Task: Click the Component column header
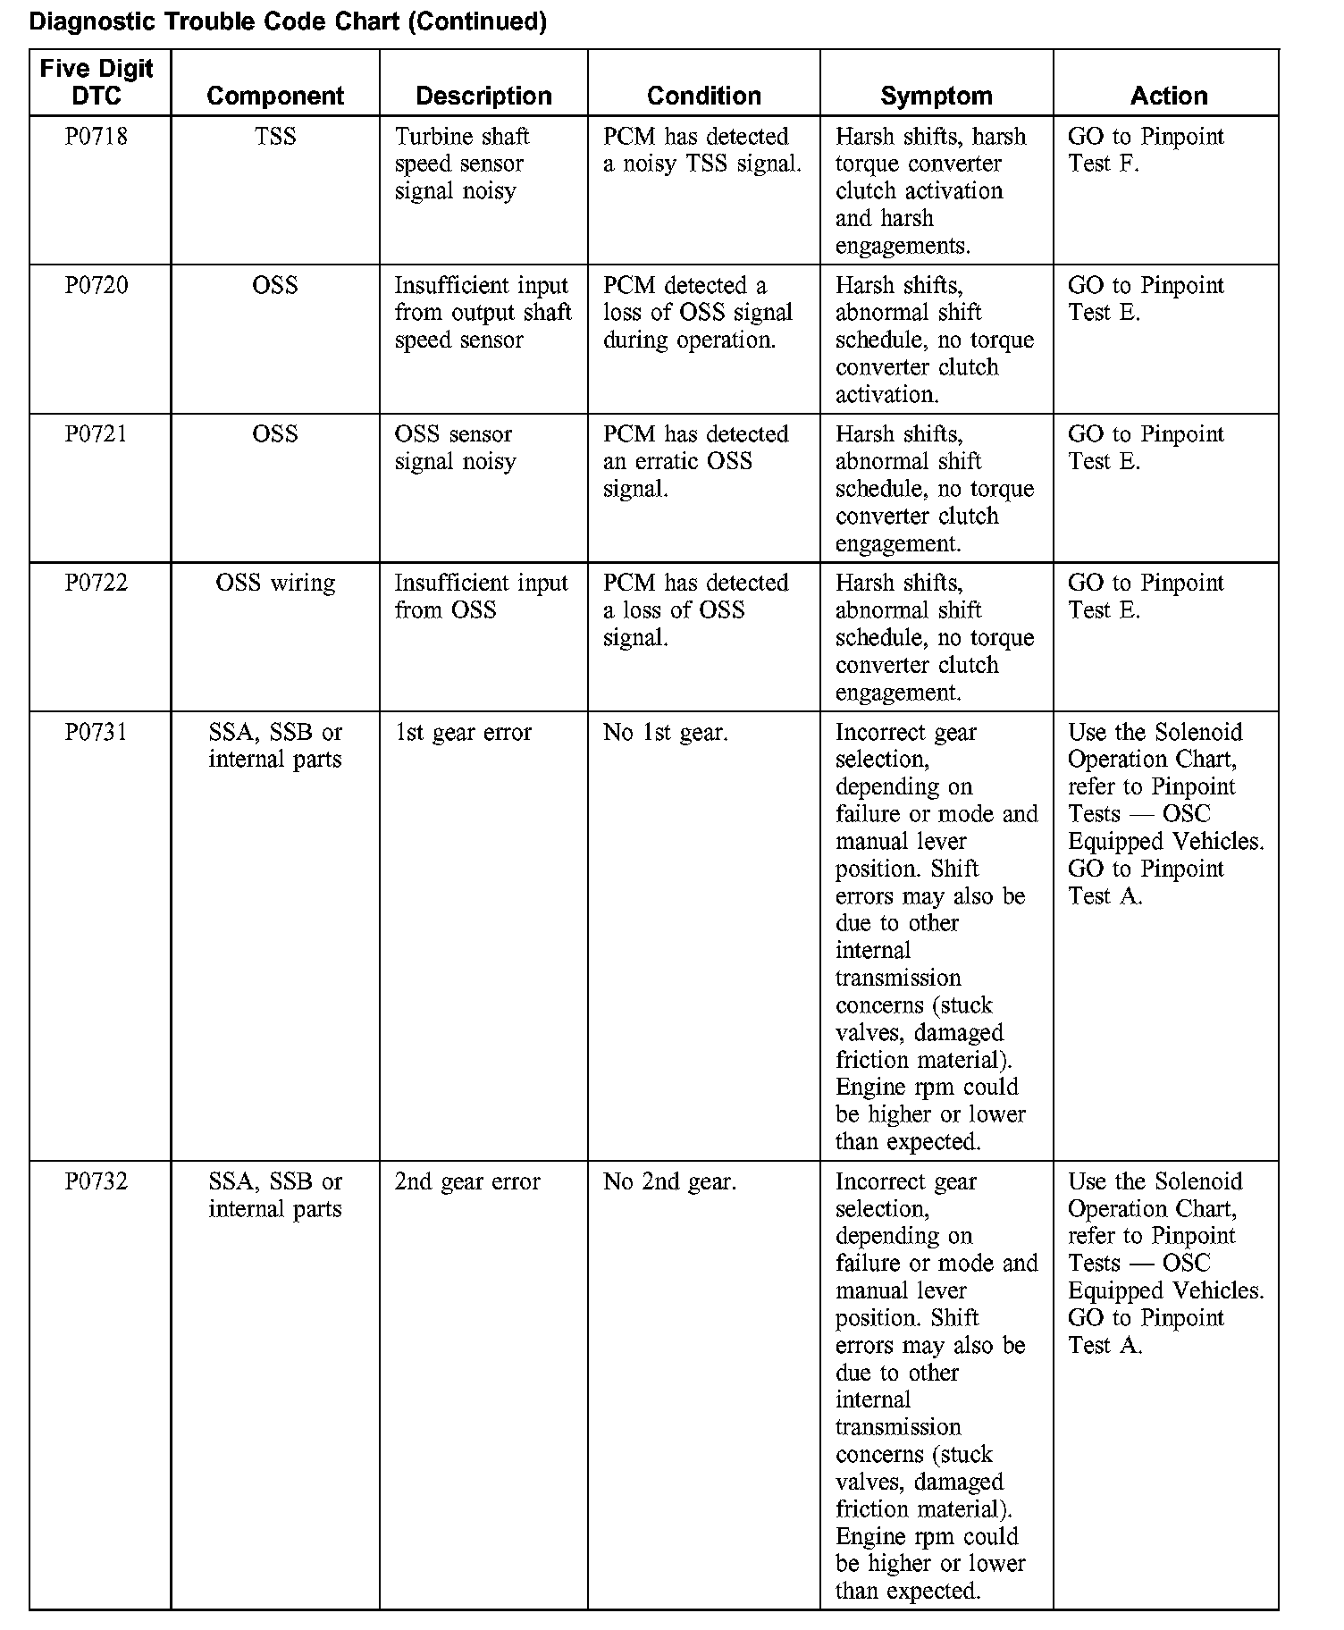click(275, 96)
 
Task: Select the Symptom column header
click(936, 96)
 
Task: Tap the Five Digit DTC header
click(97, 81)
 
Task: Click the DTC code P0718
click(97, 137)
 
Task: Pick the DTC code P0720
click(97, 286)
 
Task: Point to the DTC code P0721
click(97, 434)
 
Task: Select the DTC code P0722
click(97, 584)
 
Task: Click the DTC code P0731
click(97, 733)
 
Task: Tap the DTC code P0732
click(97, 1182)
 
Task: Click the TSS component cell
click(275, 137)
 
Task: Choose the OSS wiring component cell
click(275, 584)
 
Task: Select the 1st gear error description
click(463, 733)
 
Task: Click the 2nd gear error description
click(467, 1182)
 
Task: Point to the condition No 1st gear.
click(665, 733)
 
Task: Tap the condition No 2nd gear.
click(669, 1182)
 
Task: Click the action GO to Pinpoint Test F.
click(1146, 150)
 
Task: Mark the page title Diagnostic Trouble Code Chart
click(288, 21)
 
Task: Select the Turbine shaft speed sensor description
click(462, 164)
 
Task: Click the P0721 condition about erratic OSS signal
click(695, 461)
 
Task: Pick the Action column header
click(1169, 96)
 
